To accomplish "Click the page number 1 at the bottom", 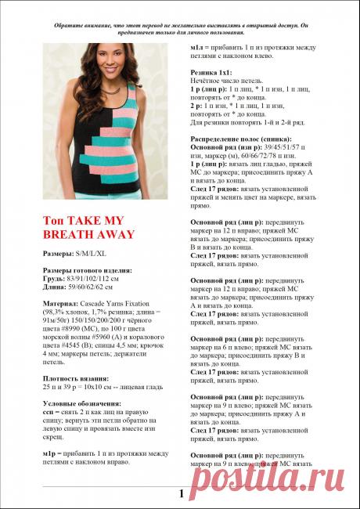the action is coord(181,493).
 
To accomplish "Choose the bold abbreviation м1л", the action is coord(196,49).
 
